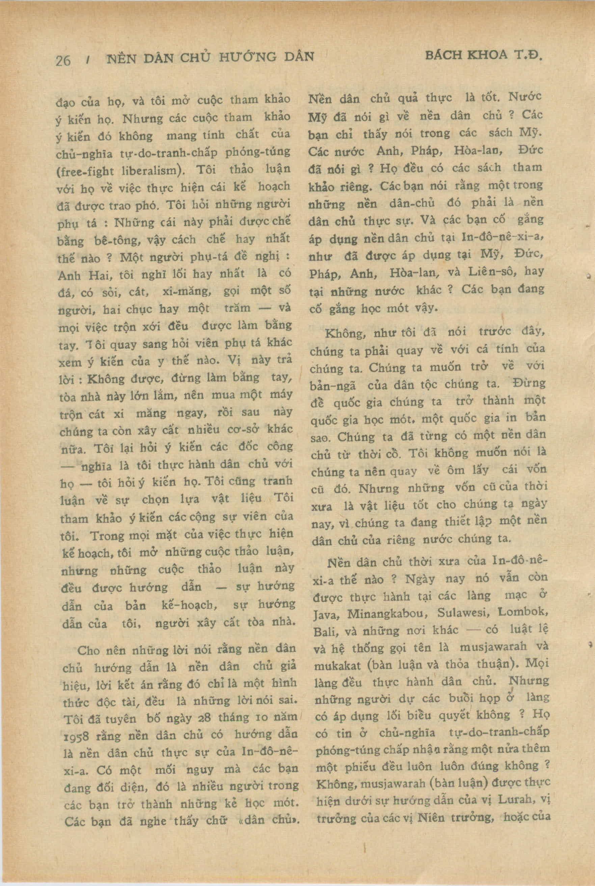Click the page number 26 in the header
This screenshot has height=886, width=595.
tap(63, 60)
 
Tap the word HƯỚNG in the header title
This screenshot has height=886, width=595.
tap(246, 57)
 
